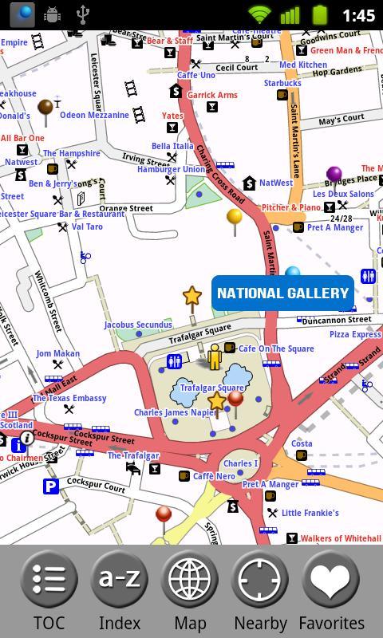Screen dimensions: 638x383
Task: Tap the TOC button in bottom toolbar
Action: click(49, 591)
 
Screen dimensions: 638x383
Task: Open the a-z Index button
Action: click(120, 591)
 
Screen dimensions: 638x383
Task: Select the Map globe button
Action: click(190, 591)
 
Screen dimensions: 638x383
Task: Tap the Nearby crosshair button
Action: click(260, 591)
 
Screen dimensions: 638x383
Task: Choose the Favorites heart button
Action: click(331, 591)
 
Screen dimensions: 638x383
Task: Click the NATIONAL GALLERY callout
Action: click(282, 293)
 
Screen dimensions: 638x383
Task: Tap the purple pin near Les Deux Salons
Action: click(334, 175)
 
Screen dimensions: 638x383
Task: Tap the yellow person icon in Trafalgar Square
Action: click(214, 356)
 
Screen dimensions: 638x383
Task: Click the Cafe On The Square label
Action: click(276, 349)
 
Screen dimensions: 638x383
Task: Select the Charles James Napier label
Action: click(175, 413)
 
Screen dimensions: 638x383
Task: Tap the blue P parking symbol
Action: click(51, 486)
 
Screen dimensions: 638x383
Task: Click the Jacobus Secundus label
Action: click(138, 325)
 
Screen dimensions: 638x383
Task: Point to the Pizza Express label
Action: click(355, 334)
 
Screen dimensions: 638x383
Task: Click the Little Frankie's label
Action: click(310, 513)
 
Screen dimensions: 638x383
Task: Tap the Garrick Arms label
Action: click(212, 95)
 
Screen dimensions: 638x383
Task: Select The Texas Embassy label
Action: click(69, 398)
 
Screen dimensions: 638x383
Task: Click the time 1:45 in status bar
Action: click(357, 15)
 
